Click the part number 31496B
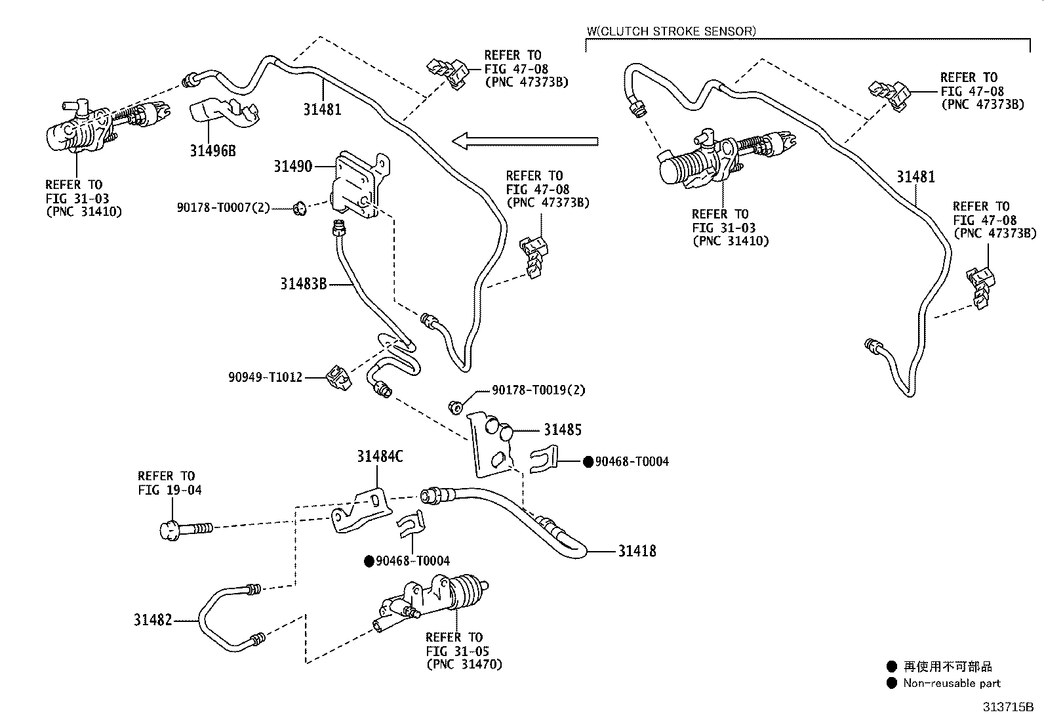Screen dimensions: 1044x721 [212, 151]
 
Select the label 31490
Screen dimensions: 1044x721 [292, 166]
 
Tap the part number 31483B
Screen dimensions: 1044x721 [304, 283]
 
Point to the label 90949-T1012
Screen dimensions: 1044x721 [265, 377]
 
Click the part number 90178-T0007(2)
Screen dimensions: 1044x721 [223, 207]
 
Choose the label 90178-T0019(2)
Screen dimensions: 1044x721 [538, 390]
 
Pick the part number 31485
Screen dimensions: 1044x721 [563, 430]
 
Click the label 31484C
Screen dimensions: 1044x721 [380, 456]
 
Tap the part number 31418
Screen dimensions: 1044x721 [637, 551]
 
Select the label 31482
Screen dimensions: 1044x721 [153, 620]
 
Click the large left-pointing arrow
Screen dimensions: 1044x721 [525, 141]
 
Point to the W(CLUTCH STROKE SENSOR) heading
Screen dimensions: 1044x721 [671, 31]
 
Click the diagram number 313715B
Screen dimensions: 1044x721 [1008, 707]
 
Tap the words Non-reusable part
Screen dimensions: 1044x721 [952, 683]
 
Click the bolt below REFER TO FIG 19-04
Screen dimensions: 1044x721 [186, 530]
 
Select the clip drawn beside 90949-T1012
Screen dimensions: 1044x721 [339, 378]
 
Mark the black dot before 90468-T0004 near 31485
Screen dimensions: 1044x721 [588, 462]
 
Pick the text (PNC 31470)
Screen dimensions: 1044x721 [464, 664]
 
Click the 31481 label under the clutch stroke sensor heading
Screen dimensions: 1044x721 [916, 176]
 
